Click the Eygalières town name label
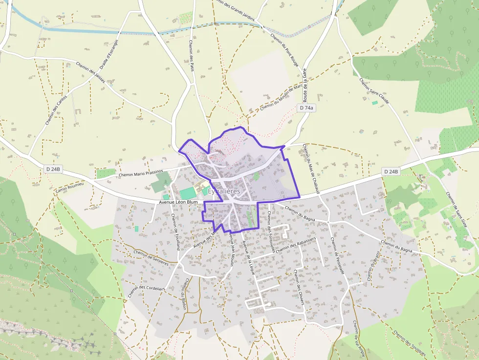tap(224, 191)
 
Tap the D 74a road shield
tap(306, 107)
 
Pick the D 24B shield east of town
tap(391, 171)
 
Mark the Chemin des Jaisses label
tap(91, 71)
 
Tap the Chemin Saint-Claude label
tap(374, 91)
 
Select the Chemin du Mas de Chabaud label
tap(311, 169)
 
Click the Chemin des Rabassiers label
tap(296, 245)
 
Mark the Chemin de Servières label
tap(151, 257)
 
